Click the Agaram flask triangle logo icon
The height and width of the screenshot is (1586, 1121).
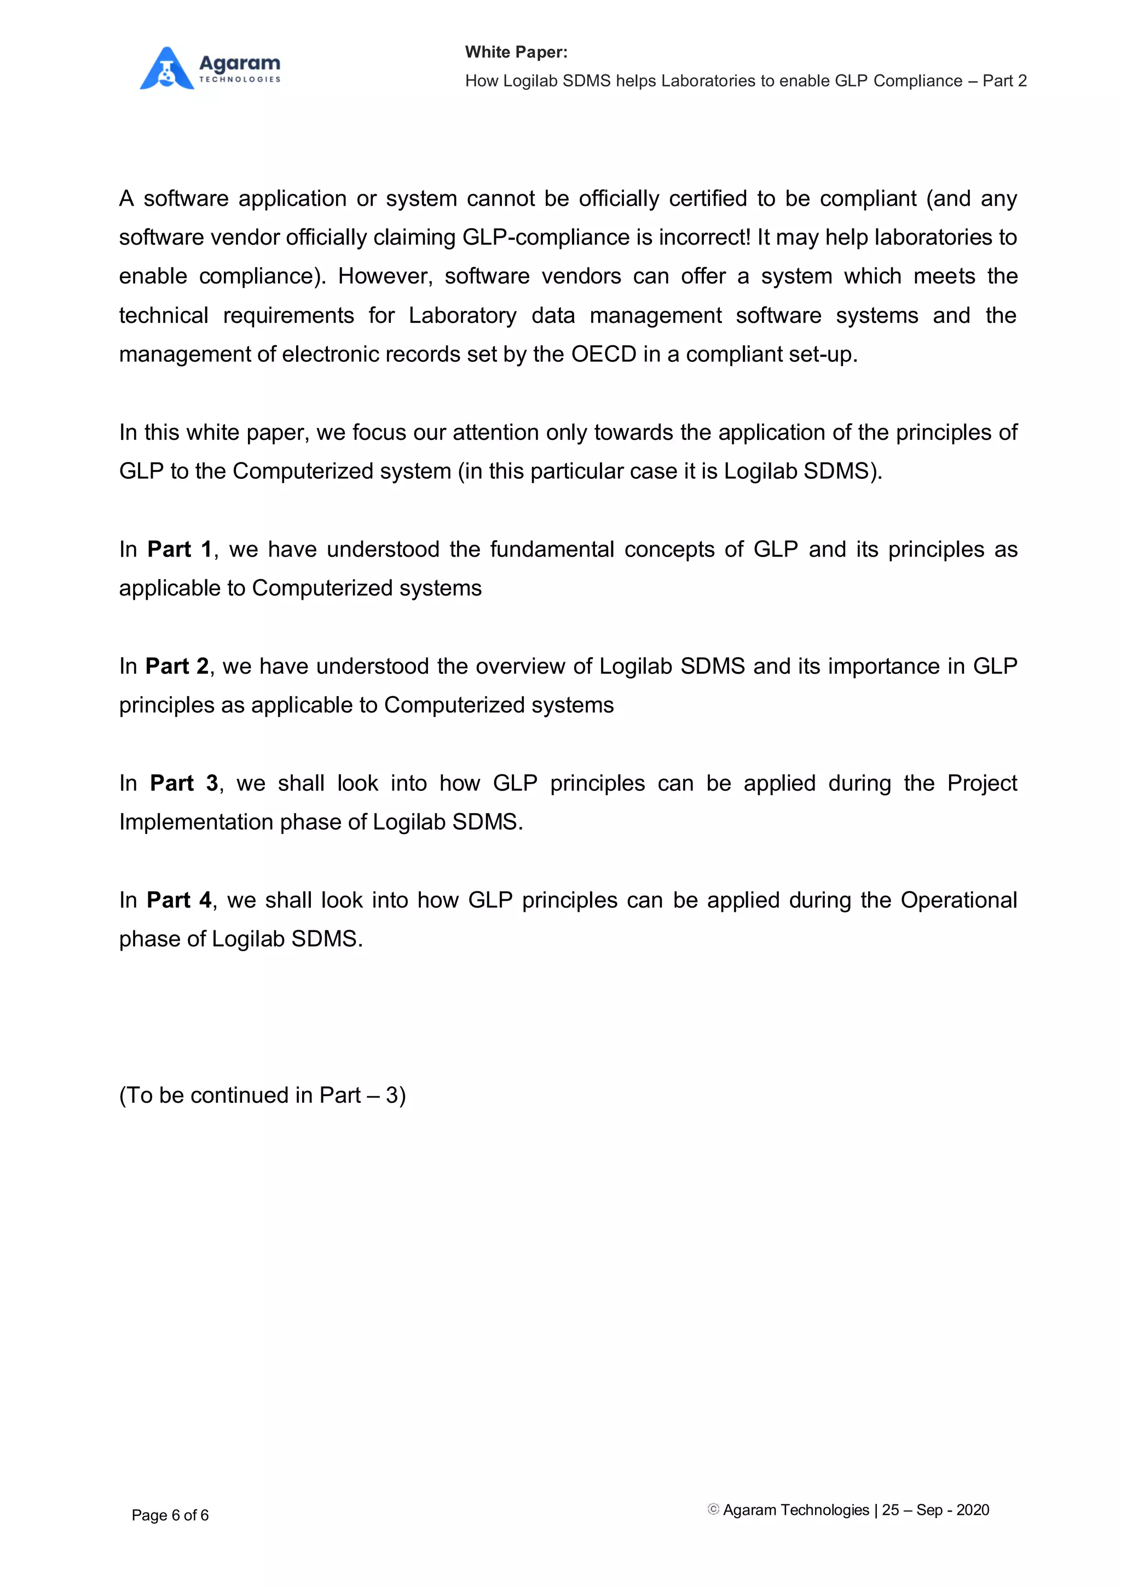click(x=166, y=68)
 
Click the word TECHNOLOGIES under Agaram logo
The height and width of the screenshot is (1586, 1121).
click(x=240, y=79)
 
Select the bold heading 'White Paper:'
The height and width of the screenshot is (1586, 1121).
click(x=516, y=52)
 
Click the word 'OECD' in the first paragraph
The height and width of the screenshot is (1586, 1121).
click(x=603, y=355)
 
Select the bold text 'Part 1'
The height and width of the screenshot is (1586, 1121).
click(x=179, y=549)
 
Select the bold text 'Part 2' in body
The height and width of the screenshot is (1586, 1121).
click(x=177, y=666)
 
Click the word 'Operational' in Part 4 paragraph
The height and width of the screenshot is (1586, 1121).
click(x=958, y=900)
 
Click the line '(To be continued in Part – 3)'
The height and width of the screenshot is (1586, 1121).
click(x=263, y=1095)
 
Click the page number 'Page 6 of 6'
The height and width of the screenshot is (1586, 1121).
click(x=170, y=1515)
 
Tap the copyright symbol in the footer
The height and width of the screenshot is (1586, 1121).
click(x=714, y=1509)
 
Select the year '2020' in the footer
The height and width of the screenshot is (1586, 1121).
click(x=973, y=1510)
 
